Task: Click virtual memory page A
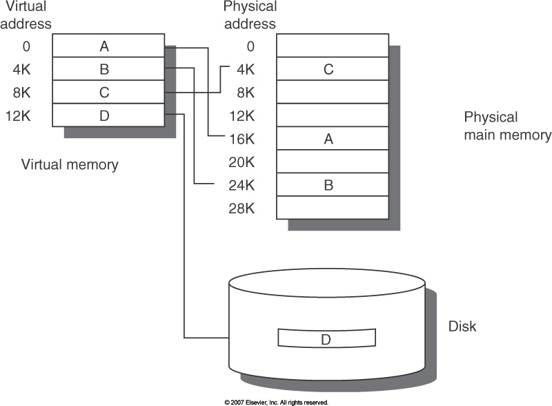tap(108, 46)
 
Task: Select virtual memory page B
tap(108, 69)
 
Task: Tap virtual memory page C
tap(108, 93)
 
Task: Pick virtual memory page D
tap(108, 115)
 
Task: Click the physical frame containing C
tap(332, 69)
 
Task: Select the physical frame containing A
tap(332, 139)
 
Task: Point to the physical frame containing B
tap(332, 185)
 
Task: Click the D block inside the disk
tap(326, 338)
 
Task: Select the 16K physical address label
tap(242, 139)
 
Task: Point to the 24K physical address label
tap(242, 185)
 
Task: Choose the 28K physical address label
tap(242, 208)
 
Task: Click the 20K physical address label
tap(242, 162)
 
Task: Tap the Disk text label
tap(462, 326)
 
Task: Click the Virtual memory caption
tap(70, 164)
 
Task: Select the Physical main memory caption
tap(507, 126)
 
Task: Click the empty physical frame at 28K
tap(332, 208)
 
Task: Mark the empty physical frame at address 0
tap(332, 46)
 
